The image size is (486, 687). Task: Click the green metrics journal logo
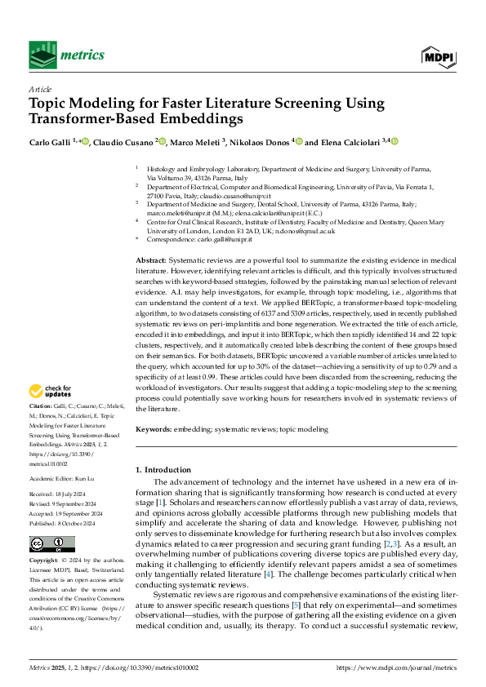pyautogui.click(x=67, y=54)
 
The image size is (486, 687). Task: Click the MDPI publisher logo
pyautogui.click(x=438, y=55)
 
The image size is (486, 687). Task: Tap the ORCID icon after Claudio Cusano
pyautogui.click(x=162, y=142)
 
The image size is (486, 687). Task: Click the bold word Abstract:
pyautogui.click(x=154, y=259)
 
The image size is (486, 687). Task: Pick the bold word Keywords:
pyautogui.click(x=154, y=428)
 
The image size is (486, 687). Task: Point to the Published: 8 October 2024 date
pyautogui.click(x=61, y=500)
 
